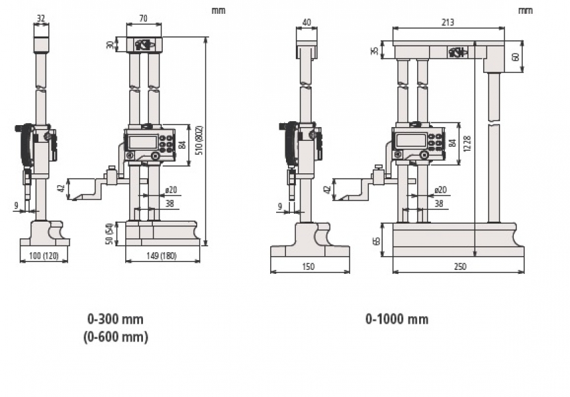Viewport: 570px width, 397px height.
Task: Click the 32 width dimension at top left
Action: pos(42,19)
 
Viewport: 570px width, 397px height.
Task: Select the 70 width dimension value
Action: pos(144,19)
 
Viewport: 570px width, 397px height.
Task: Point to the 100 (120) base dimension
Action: pos(44,255)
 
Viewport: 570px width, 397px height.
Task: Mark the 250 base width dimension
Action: pos(459,267)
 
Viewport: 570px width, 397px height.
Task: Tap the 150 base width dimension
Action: pos(309,267)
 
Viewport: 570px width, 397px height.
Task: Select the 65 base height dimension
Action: pos(378,240)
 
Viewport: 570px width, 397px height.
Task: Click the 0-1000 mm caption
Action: pos(397,320)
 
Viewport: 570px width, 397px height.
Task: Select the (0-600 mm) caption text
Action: pos(116,337)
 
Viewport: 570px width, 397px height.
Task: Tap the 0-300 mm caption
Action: pos(116,319)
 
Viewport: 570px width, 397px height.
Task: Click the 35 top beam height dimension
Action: pos(375,50)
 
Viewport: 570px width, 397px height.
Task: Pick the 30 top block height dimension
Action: pos(110,45)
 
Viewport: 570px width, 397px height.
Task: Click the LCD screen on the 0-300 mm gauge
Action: pos(143,142)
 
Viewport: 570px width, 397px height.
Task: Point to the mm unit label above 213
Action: pos(525,11)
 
